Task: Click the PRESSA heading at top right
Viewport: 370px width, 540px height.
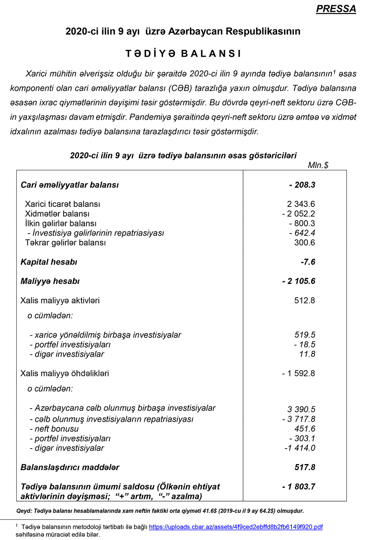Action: coord(336,9)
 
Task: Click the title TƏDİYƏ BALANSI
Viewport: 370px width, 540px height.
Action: coord(183,54)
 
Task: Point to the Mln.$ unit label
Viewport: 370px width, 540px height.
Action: coord(318,165)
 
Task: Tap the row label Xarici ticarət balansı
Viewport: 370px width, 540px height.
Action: coord(63,204)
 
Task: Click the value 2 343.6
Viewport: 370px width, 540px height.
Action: coord(301,204)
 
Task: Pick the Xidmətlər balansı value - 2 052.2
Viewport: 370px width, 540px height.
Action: coord(298,214)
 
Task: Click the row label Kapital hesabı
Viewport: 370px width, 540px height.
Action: coord(49,262)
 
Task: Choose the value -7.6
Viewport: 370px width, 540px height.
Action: coord(308,262)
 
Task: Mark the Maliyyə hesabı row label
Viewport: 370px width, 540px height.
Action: coord(50,281)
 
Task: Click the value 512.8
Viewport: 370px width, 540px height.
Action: coord(305,301)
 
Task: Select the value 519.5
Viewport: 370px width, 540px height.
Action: coord(305,335)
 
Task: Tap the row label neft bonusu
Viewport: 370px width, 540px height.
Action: coord(56,429)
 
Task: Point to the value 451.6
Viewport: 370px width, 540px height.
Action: coord(305,429)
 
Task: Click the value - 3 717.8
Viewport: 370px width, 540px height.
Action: coord(299,419)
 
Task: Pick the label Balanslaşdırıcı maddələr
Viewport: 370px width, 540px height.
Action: coord(70,467)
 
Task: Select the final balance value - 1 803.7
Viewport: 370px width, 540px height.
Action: coord(299,487)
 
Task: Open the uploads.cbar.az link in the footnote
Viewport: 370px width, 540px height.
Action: coord(236,527)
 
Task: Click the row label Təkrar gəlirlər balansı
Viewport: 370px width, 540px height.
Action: coord(65,243)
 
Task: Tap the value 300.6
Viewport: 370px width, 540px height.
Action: coord(305,243)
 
